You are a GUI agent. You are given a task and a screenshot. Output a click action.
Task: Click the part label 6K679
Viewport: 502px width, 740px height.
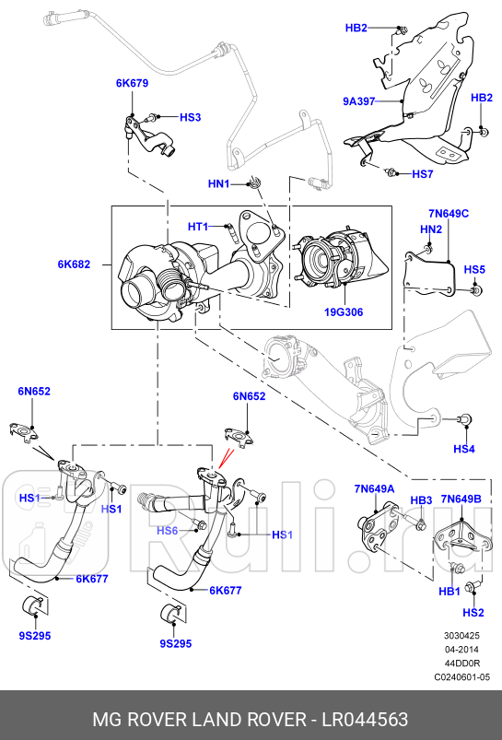(x=132, y=83)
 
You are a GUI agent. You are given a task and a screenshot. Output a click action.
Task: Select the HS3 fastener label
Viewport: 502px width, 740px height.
(x=190, y=117)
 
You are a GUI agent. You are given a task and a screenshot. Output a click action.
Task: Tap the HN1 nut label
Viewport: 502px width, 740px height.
(x=218, y=184)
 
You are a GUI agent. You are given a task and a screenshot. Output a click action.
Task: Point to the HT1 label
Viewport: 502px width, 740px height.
(x=198, y=227)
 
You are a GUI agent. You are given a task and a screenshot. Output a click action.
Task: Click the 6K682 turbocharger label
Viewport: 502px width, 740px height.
(x=74, y=264)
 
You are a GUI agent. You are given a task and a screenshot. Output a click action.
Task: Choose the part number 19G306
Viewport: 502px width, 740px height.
(x=344, y=312)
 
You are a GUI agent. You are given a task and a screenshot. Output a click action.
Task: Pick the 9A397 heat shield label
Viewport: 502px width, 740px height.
(x=358, y=101)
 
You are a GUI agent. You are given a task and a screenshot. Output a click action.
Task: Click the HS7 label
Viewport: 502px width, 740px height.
(x=422, y=173)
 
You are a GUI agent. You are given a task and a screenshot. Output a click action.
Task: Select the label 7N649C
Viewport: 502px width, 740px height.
(x=448, y=214)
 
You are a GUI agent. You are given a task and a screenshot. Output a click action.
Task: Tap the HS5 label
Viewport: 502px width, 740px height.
(x=474, y=269)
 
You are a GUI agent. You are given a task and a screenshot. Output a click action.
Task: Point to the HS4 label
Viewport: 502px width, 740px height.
(x=464, y=449)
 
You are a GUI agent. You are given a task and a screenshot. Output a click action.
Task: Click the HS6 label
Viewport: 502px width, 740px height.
(x=167, y=531)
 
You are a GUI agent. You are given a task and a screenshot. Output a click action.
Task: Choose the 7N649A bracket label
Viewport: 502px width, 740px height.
(x=375, y=488)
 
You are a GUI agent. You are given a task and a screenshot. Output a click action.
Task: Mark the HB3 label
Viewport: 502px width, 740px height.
(x=421, y=500)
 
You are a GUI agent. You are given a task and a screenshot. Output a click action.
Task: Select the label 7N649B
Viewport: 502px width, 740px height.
(x=461, y=499)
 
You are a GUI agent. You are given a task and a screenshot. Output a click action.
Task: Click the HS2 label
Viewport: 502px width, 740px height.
(x=473, y=613)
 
